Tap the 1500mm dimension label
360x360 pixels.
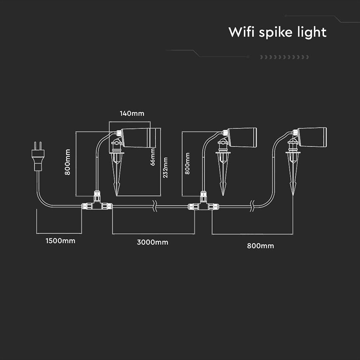tap(60, 241)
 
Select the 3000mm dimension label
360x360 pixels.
tap(153, 243)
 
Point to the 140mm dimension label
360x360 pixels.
tap(132, 113)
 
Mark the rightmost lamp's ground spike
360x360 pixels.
tap(292, 173)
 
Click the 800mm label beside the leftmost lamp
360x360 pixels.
tap(68, 162)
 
